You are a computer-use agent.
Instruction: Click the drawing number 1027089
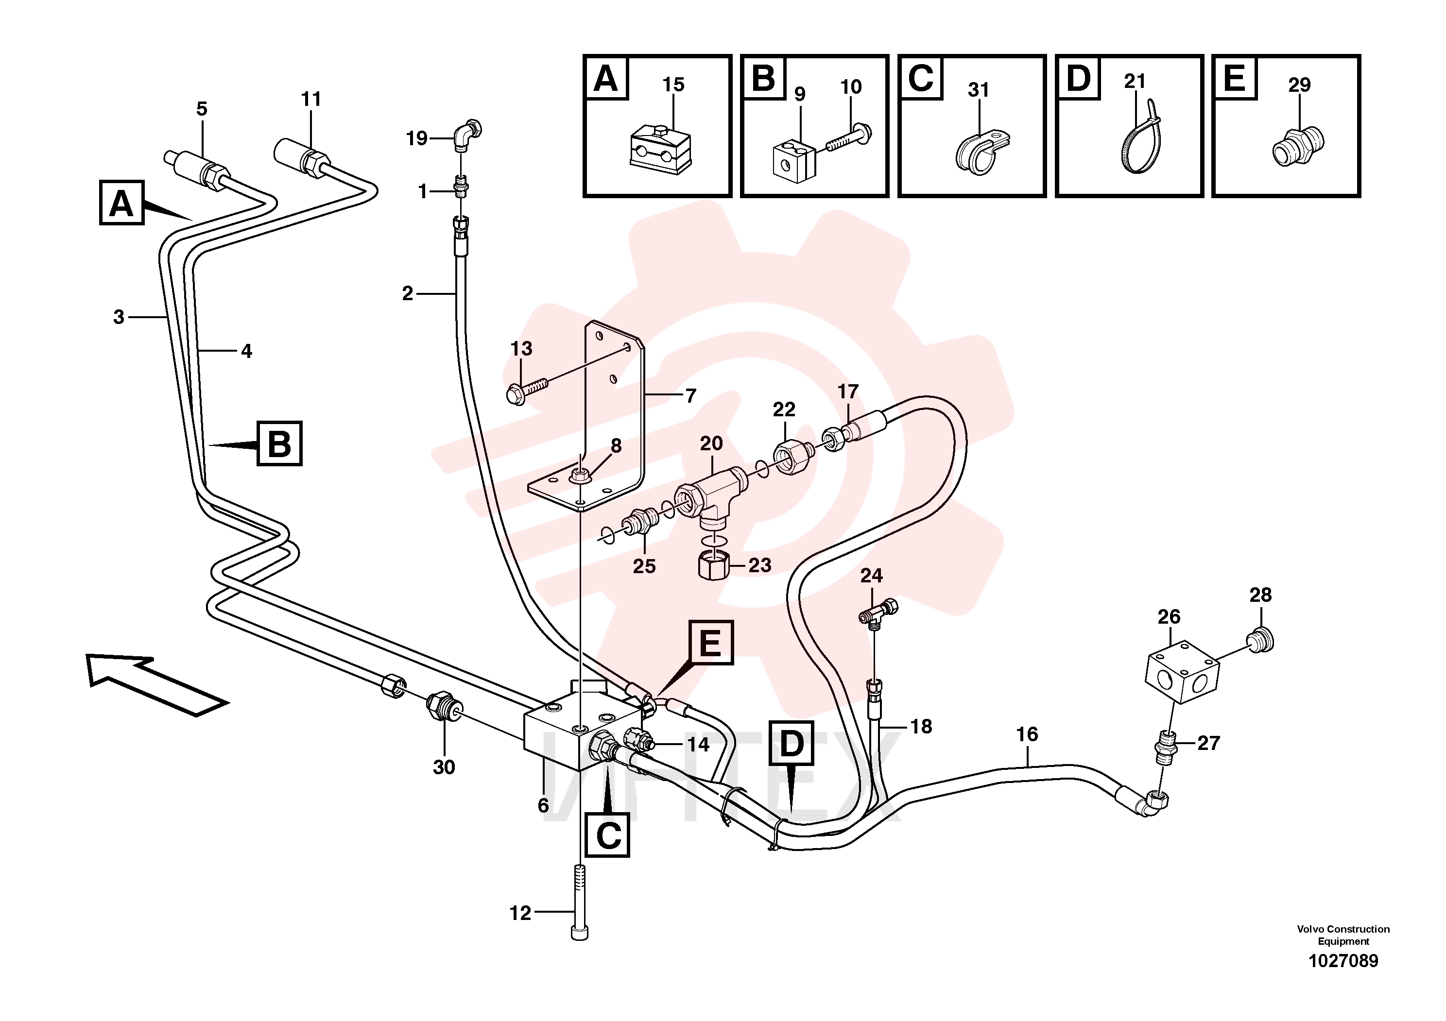click(x=1343, y=961)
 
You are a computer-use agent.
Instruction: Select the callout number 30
click(x=444, y=767)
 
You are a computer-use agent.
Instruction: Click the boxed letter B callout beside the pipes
click(x=279, y=443)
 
